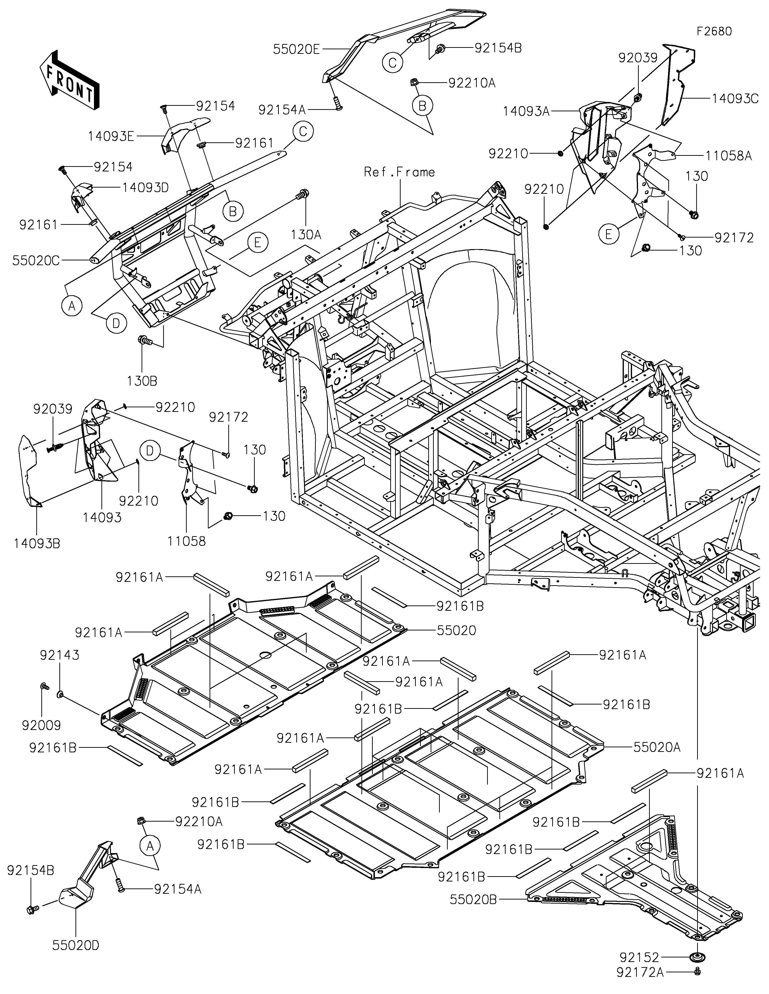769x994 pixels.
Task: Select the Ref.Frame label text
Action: click(x=399, y=172)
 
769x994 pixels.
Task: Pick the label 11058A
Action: click(x=729, y=156)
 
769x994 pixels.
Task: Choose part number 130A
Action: click(x=306, y=235)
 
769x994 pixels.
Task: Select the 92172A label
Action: click(x=640, y=973)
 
